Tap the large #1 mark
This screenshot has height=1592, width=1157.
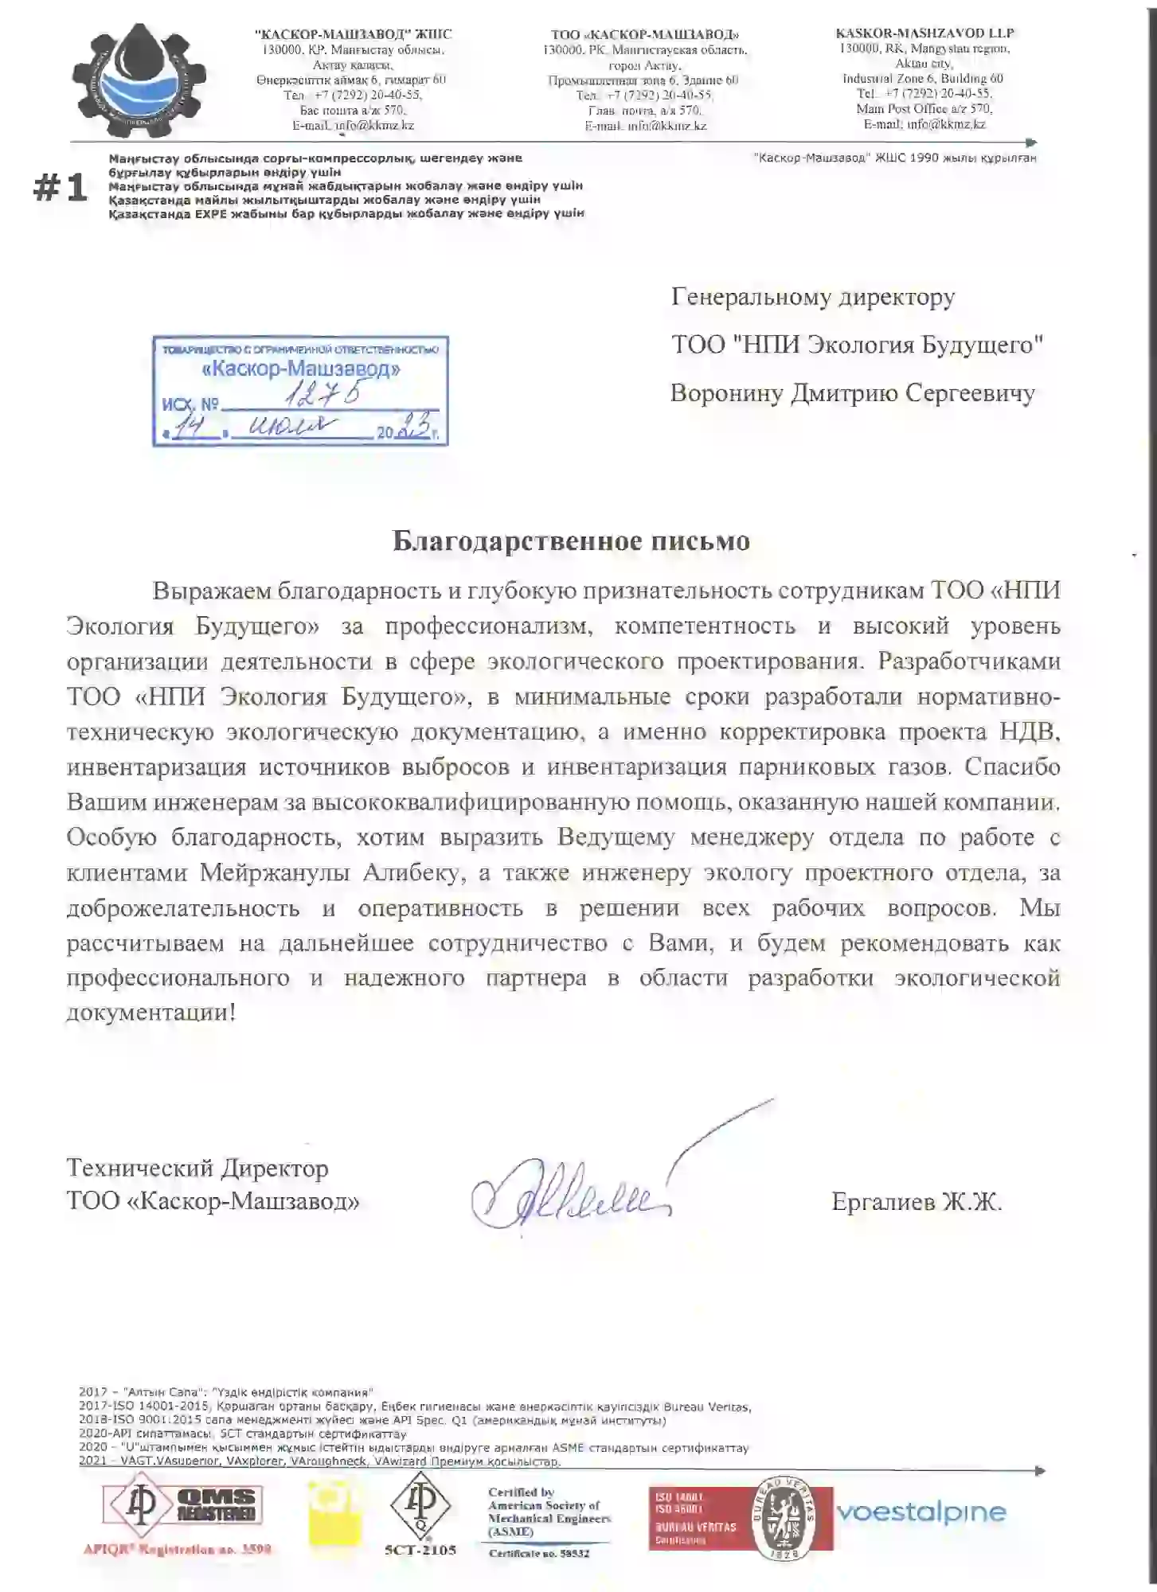pos(60,189)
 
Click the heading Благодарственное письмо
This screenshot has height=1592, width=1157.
pos(571,541)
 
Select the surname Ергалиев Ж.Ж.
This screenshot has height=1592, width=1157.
pos(917,1202)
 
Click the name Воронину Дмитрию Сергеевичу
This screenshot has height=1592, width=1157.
pos(852,393)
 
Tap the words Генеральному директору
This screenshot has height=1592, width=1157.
pos(813,297)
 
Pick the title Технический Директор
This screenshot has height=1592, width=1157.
pos(197,1168)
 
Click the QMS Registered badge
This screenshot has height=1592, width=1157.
pos(182,1505)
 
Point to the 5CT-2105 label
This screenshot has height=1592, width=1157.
pos(420,1550)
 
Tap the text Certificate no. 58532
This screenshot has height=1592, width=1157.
pos(539,1553)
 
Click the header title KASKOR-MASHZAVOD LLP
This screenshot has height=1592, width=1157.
pos(924,33)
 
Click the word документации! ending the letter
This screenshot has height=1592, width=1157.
pos(151,1013)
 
